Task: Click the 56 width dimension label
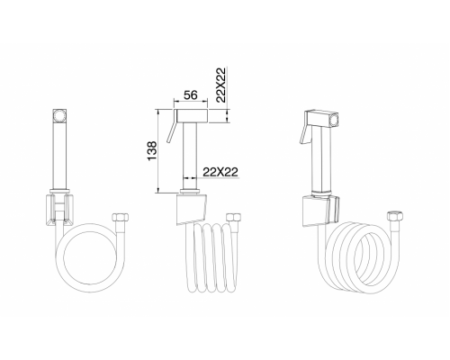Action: [191, 94]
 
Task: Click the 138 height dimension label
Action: [152, 150]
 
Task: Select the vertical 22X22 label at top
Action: [220, 81]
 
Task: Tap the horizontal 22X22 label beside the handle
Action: [220, 172]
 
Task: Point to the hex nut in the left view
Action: [121, 217]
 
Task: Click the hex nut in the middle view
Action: [234, 217]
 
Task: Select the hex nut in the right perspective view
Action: [395, 216]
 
